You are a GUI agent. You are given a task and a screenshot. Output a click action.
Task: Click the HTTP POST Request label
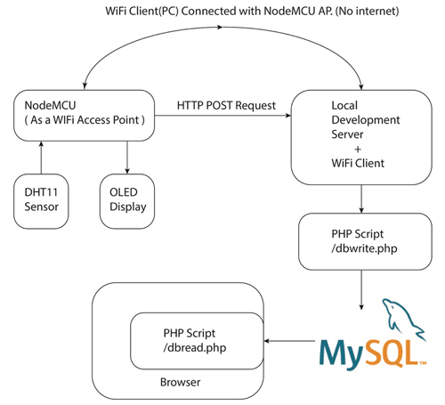226,106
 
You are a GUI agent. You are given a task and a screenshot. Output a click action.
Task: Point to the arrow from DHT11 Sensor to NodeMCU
41,159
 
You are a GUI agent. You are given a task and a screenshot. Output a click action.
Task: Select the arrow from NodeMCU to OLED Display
128,159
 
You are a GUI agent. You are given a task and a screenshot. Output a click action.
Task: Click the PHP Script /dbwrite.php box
350,241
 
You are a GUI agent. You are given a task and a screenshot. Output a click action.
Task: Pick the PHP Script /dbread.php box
197,340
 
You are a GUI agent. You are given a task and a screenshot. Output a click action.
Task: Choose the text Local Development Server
351,120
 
